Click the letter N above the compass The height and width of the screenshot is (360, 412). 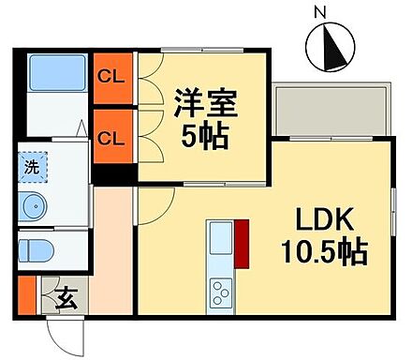tap(320, 12)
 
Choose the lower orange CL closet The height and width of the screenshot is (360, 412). tap(111, 138)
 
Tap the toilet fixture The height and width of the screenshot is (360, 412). tap(39, 250)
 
